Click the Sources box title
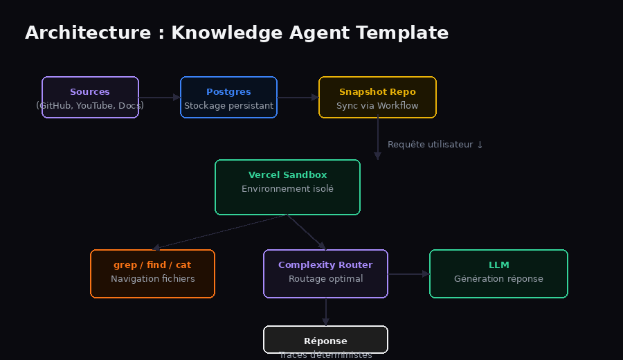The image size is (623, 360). [90, 92]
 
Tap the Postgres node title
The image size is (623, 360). [228, 92]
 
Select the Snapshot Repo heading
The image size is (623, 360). [377, 92]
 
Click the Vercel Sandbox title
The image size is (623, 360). [287, 175]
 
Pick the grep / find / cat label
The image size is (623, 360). [152, 265]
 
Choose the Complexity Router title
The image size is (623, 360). [325, 265]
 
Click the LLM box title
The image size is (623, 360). [498, 265]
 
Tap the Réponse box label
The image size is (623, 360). [325, 341]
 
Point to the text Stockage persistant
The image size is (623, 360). [228, 106]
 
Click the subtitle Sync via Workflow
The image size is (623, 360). [377, 106]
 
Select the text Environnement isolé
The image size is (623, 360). [287, 188]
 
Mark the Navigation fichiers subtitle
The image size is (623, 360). [152, 279]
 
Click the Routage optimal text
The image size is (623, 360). [325, 279]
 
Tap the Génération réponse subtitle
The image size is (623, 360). [498, 279]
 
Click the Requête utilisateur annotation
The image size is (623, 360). [435, 145]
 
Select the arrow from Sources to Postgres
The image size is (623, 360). [159, 98]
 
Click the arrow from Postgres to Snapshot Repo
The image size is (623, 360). [298, 98]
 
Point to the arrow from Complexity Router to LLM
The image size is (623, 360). [408, 274]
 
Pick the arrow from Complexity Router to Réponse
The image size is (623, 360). [325, 312]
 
